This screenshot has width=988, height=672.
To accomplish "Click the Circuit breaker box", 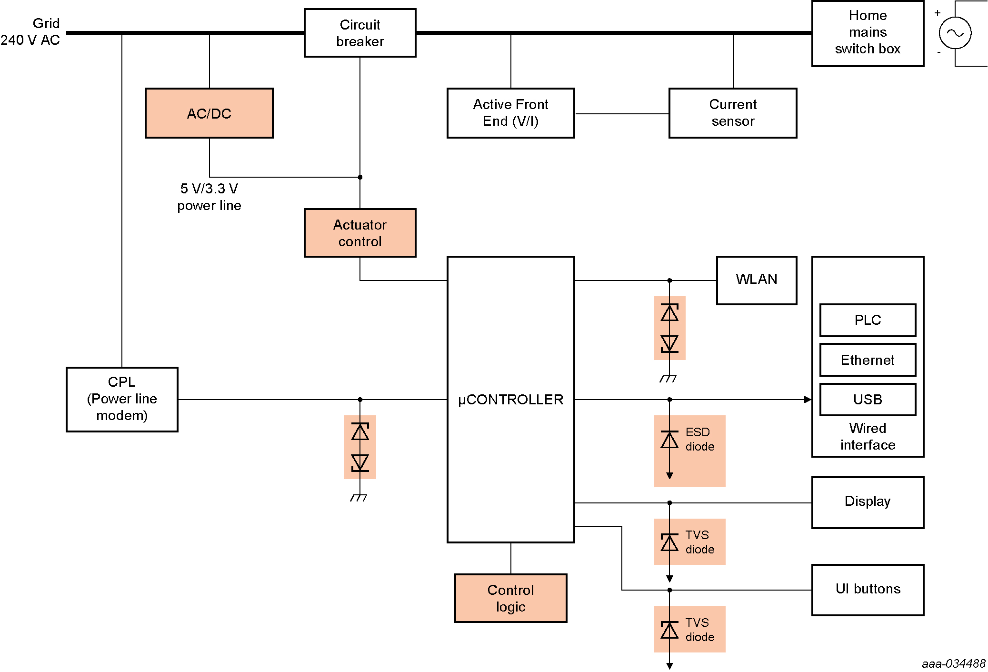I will coord(360,33).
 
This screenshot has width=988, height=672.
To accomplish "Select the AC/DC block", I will coord(209,113).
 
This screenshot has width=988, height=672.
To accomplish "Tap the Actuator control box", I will coord(360,233).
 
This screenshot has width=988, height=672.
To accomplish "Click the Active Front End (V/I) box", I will coord(510,113).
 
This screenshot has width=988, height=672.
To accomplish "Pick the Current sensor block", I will coord(733,113).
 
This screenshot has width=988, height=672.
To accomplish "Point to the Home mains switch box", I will coord(868,33).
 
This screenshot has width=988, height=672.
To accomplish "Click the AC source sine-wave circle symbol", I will coord(955,33).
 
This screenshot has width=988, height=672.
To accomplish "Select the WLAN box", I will coord(756,280).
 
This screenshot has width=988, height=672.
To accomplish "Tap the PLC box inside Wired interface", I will coord(868,320).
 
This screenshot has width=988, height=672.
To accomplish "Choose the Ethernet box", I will coord(868,360).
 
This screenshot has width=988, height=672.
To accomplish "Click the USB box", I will coord(868,400).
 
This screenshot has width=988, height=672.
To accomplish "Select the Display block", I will coord(868,502).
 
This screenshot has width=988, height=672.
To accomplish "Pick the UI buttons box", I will coord(868,590).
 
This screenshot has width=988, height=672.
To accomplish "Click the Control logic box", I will coord(510,598).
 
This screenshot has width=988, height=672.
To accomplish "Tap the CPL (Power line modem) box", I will coord(122,399).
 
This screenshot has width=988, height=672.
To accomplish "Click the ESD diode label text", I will coord(699,439).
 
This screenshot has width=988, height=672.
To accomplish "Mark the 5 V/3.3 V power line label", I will coord(209,197).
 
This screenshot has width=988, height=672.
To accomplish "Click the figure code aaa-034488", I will coord(953,663).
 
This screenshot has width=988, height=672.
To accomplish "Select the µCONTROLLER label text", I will coord(510,400).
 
